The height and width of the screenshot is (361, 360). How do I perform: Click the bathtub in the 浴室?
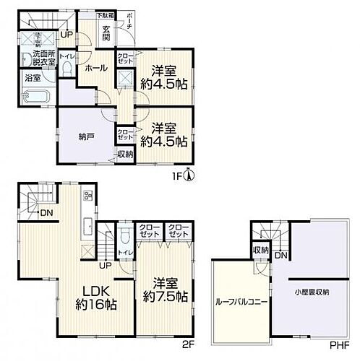point(33,98)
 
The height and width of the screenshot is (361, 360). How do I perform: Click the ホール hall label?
point(97,68)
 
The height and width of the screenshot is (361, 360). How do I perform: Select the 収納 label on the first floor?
point(124,153)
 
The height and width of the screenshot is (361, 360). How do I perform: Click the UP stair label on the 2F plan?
point(104,264)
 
